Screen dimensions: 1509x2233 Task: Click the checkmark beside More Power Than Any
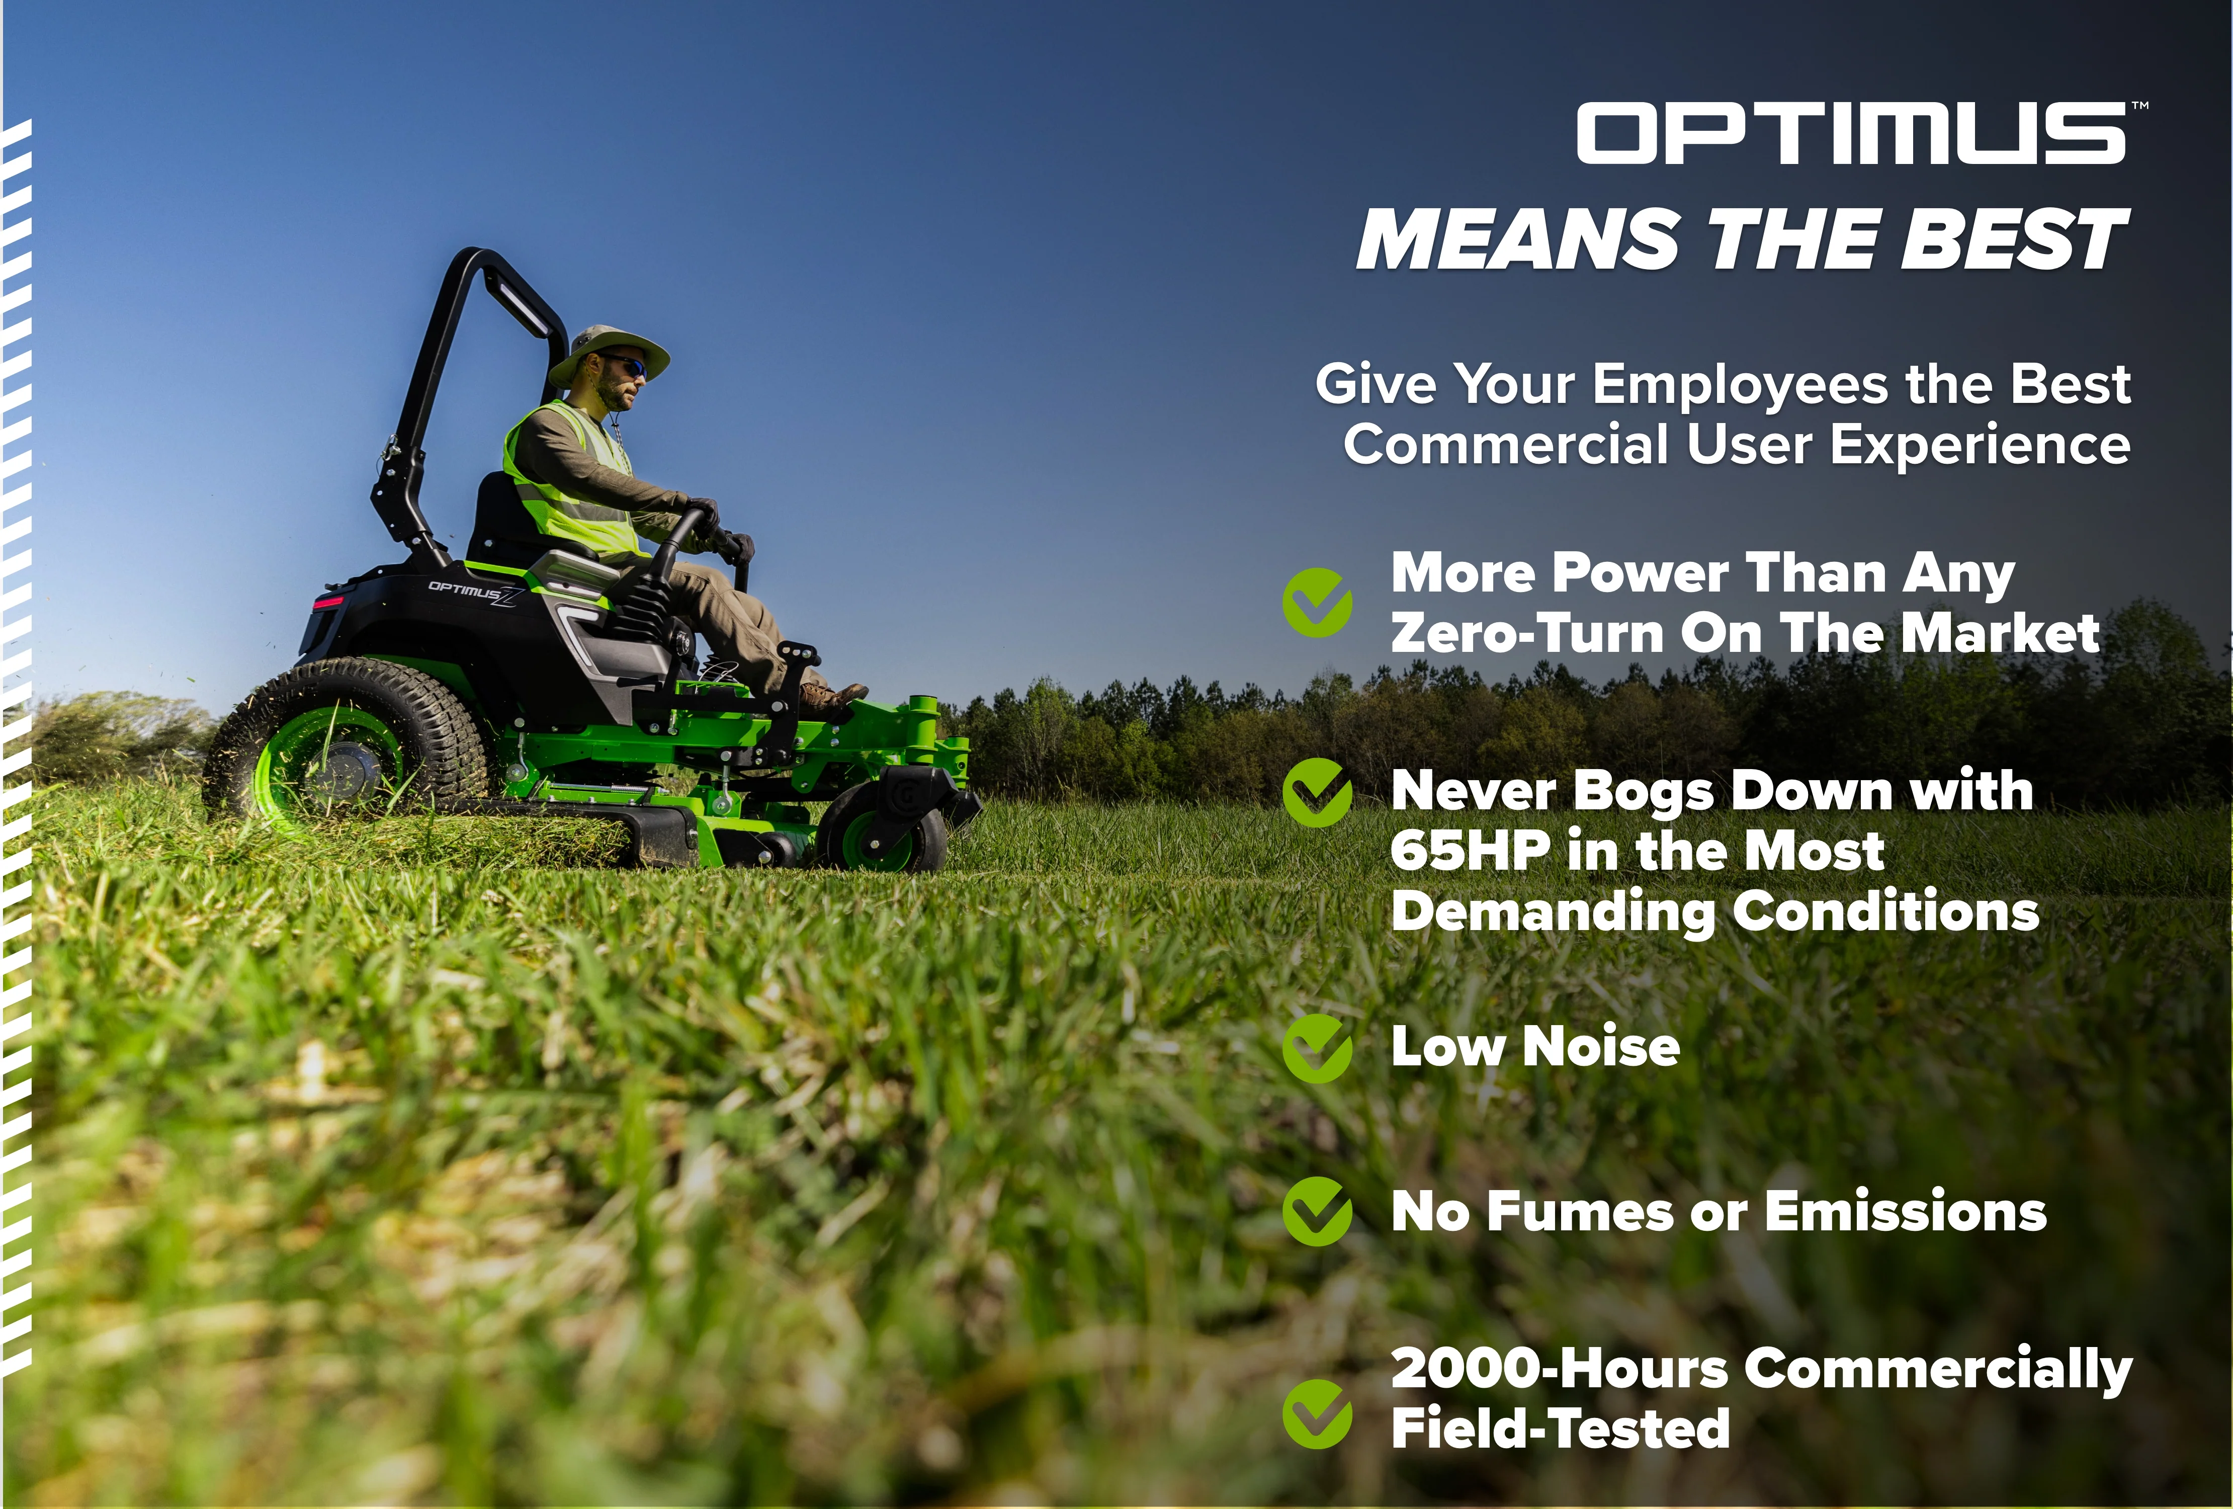(1317, 603)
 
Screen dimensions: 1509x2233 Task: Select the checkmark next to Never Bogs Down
(1317, 792)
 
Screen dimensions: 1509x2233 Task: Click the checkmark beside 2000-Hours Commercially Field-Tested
(1317, 1413)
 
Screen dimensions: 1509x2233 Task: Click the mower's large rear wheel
(346, 740)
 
